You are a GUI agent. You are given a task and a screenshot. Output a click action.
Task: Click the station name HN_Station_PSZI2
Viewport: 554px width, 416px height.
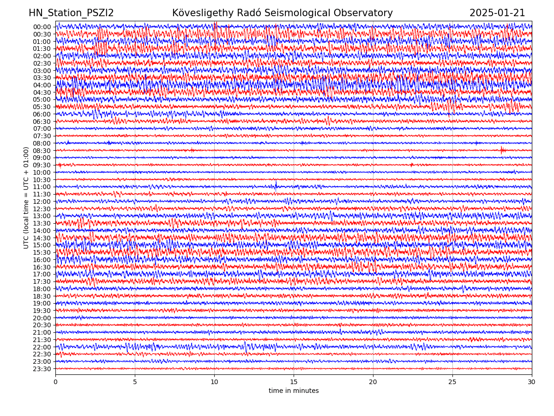(x=71, y=13)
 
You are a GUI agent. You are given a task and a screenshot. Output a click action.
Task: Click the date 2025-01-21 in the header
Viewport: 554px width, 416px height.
(x=497, y=13)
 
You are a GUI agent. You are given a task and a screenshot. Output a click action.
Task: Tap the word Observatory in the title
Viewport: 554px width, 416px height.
(x=367, y=13)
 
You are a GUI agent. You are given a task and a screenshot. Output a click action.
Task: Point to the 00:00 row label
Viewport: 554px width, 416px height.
(x=42, y=27)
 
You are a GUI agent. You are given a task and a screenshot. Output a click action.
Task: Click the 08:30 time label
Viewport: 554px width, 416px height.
(x=42, y=151)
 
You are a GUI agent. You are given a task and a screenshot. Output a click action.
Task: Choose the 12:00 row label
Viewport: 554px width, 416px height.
(x=42, y=202)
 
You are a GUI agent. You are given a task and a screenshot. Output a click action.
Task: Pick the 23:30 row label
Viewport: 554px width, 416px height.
(x=42, y=369)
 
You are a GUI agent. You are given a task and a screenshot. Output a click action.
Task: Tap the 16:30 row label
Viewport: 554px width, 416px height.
(x=42, y=267)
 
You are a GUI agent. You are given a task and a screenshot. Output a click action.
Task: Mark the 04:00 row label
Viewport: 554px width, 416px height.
(x=42, y=85)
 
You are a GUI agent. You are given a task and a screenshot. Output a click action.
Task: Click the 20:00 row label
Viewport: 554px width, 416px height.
(x=42, y=318)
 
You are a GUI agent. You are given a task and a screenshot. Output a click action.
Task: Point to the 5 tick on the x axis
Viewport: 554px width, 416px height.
(x=135, y=382)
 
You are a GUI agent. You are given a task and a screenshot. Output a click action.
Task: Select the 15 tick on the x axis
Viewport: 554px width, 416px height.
(x=294, y=382)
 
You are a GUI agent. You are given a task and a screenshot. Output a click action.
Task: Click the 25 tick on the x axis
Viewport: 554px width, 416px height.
(x=452, y=382)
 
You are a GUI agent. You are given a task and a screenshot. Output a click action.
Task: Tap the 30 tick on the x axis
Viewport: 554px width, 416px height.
(x=532, y=382)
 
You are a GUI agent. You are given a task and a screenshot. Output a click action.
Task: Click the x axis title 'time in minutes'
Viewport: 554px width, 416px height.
(x=294, y=391)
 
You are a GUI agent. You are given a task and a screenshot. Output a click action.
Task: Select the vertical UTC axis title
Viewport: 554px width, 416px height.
(x=27, y=197)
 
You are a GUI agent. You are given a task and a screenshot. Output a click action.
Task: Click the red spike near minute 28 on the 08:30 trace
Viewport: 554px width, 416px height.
(x=502, y=150)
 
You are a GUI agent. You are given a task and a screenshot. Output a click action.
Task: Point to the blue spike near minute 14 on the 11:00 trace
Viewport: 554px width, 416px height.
(x=276, y=186)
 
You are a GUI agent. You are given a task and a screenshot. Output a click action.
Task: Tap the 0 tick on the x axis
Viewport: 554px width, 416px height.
(x=55, y=382)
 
